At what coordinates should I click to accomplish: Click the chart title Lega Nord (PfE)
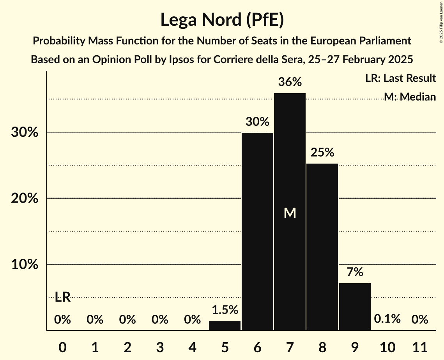point(222,19)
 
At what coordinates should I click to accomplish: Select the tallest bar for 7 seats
point(290,175)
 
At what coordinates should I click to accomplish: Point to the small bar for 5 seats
point(225,325)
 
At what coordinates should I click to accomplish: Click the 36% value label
point(290,82)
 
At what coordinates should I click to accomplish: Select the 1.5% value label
point(225,310)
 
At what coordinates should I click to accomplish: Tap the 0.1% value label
point(387,319)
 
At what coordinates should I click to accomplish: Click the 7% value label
point(354,272)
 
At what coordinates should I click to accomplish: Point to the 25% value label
point(322,152)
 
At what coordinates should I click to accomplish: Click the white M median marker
point(290,213)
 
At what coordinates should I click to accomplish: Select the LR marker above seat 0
point(62,297)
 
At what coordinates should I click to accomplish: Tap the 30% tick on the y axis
point(25,132)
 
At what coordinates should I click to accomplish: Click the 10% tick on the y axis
point(25,265)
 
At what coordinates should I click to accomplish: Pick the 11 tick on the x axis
point(419,347)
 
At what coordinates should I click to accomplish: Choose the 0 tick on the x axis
point(62,347)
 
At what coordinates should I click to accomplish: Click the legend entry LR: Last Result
point(400,78)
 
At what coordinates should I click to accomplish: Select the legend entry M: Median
point(409,96)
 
